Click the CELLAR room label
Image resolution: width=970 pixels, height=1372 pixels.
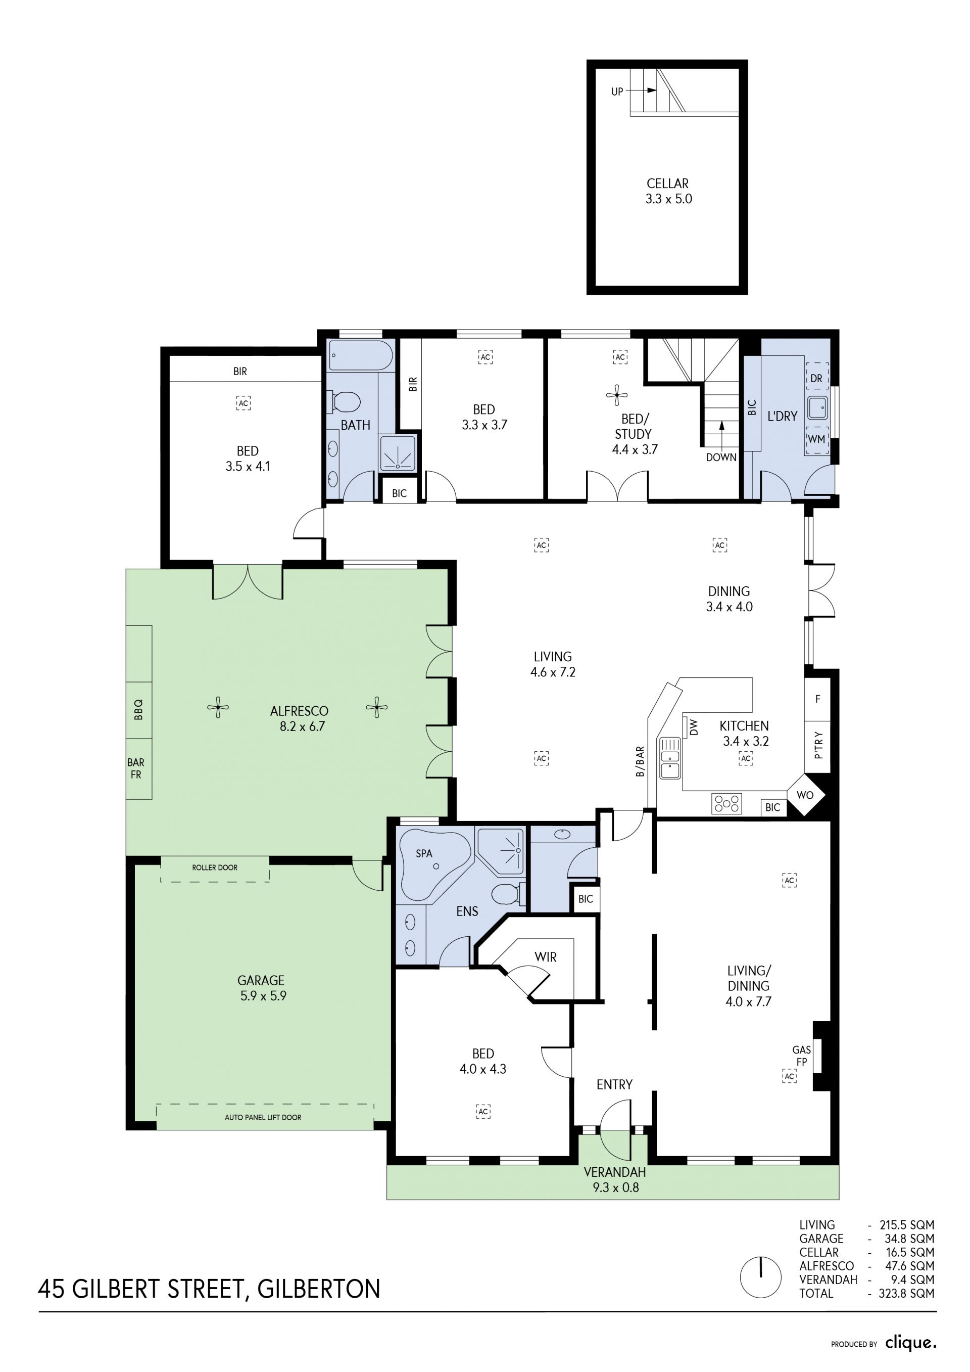[668, 184]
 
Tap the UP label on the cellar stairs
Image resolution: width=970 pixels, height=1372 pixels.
[617, 92]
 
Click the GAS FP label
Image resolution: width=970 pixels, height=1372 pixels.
[802, 1056]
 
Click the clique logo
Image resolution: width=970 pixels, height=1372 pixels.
[911, 1343]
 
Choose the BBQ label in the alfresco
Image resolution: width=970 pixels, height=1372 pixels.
[138, 709]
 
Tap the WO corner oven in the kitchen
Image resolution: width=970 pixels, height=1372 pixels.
[805, 795]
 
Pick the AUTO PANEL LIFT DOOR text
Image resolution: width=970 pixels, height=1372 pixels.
[263, 1117]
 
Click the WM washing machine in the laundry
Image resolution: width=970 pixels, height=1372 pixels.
[816, 439]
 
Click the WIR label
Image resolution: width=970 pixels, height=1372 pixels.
[545, 956]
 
